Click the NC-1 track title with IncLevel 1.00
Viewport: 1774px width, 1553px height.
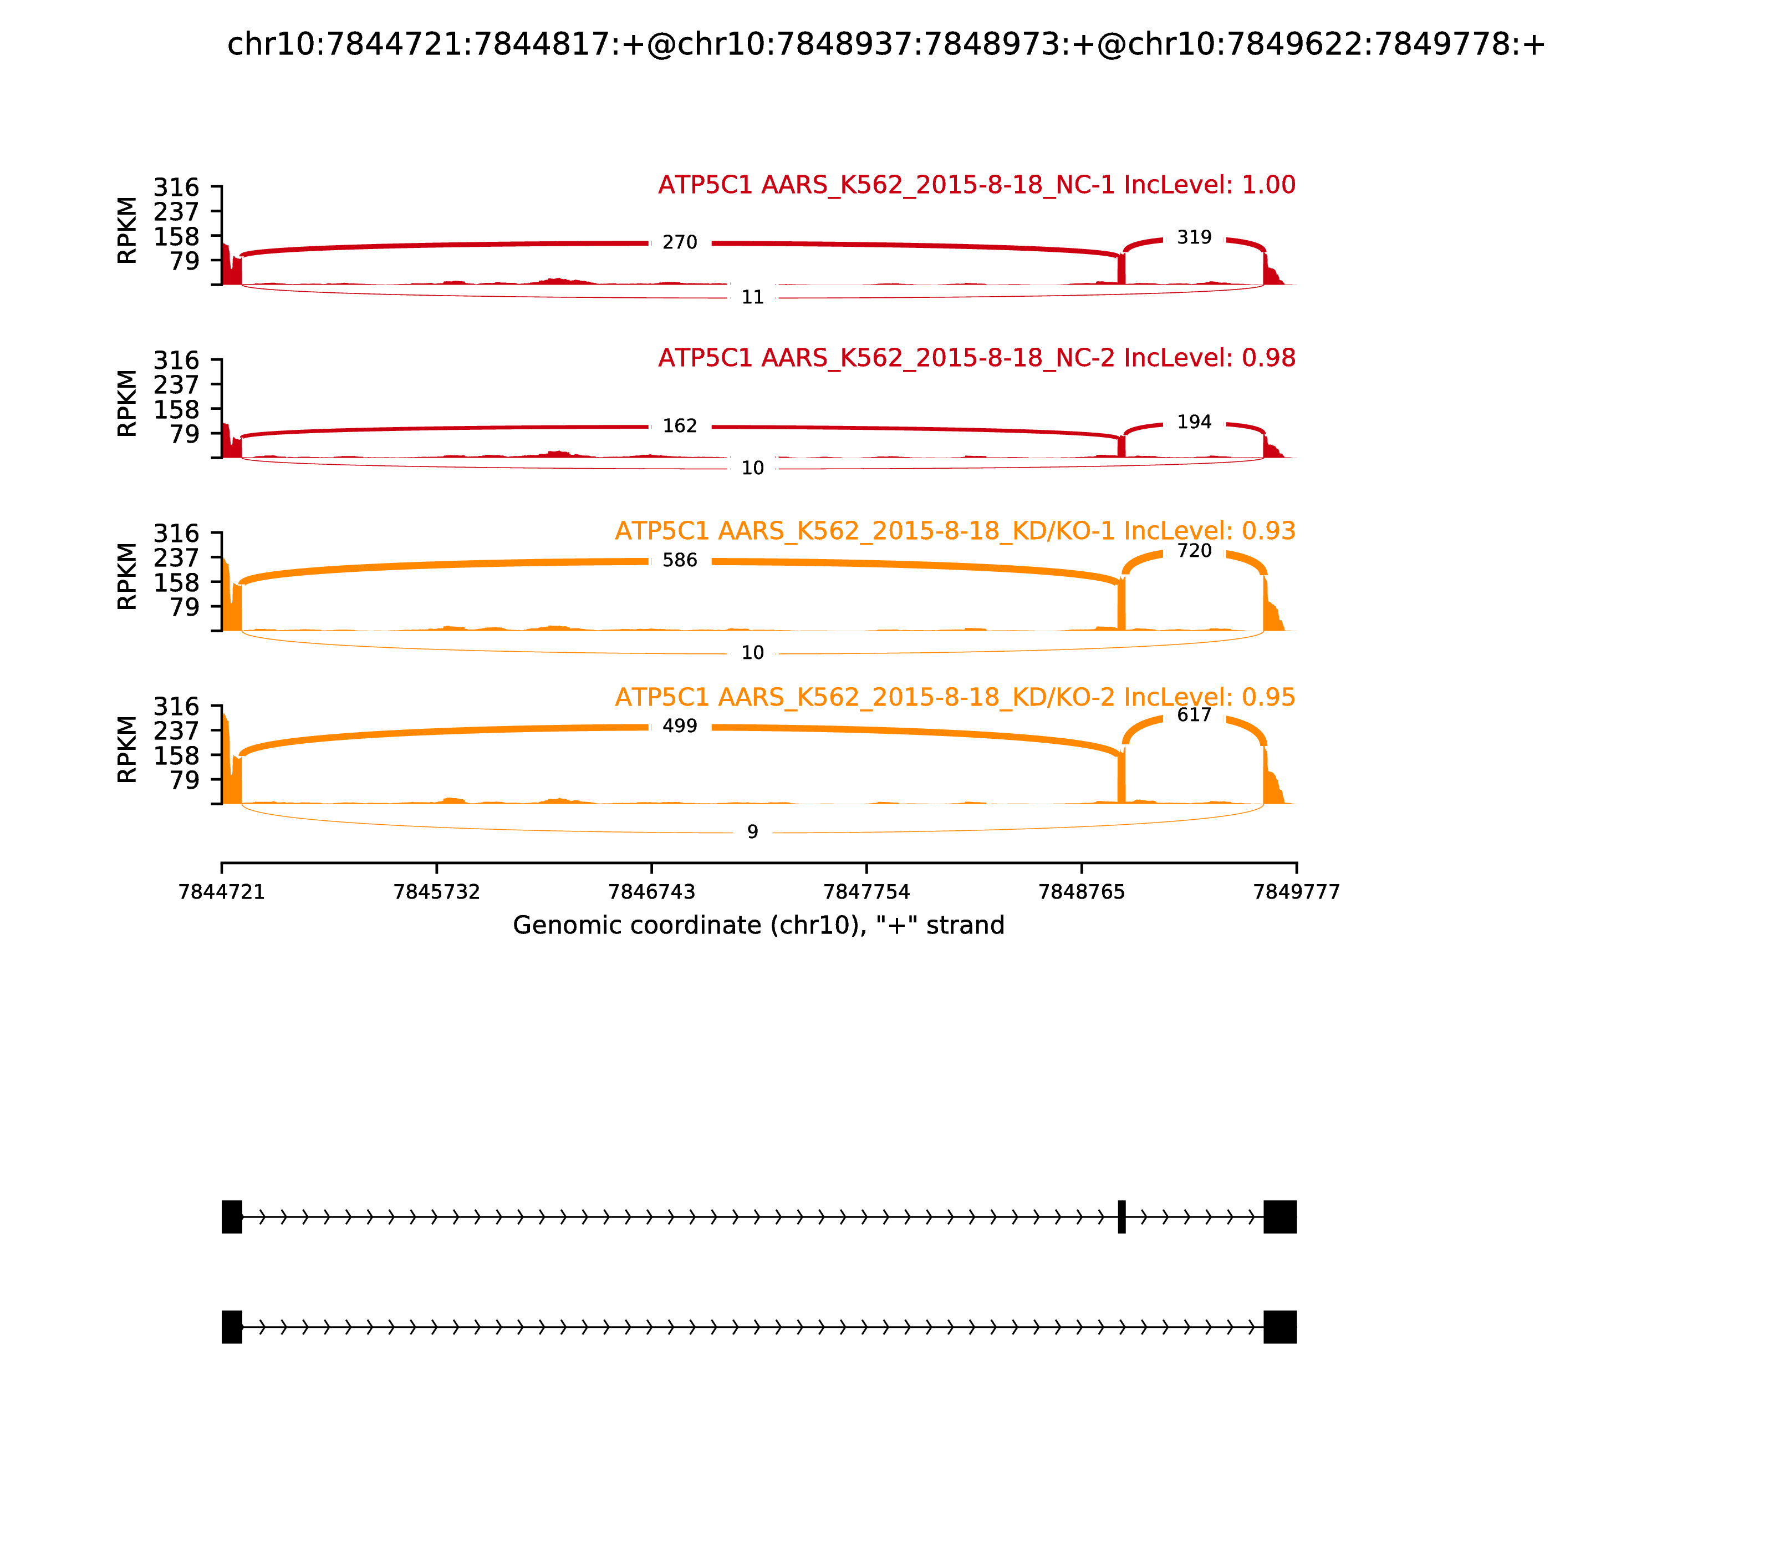(976, 185)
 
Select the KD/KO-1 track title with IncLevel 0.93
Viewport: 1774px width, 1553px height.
(955, 531)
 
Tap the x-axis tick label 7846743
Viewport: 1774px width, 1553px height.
(651, 892)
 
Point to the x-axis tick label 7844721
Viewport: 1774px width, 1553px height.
(222, 892)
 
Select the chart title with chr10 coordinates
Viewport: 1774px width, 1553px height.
(885, 45)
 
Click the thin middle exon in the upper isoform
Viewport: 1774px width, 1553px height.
(1122, 1217)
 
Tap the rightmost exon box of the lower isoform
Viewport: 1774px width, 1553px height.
(1279, 1327)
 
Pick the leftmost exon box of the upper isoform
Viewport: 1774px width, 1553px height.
(231, 1217)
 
